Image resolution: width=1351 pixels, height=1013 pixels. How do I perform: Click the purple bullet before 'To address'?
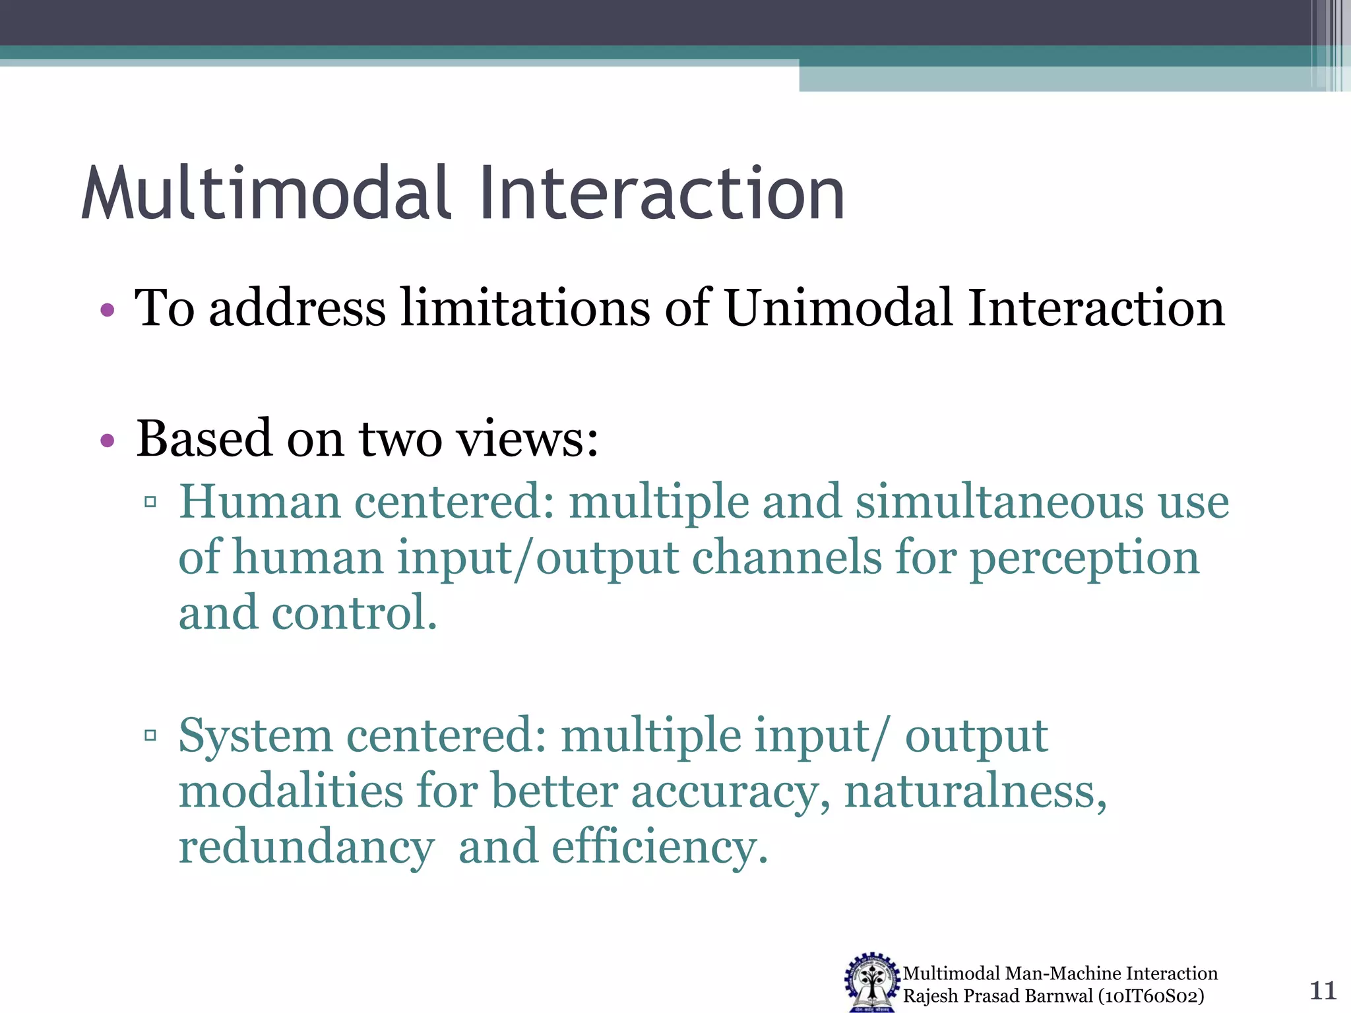coord(108,309)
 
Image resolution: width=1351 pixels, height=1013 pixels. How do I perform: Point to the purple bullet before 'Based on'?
coord(108,440)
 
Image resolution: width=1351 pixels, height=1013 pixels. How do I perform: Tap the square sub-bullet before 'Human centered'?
coord(150,503)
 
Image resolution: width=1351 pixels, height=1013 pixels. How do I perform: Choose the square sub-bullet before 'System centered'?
coord(150,735)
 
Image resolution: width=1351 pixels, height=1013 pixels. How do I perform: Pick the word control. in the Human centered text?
coord(354,613)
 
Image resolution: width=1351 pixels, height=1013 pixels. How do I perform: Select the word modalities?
coord(291,791)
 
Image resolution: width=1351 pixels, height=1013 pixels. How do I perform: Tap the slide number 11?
coord(1322,991)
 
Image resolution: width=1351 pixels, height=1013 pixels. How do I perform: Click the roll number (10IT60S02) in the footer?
coord(1151,996)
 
